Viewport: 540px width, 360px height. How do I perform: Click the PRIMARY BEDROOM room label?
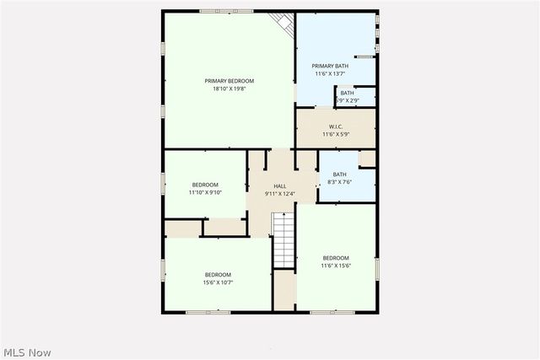click(x=229, y=81)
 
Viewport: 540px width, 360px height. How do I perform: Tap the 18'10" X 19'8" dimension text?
click(x=229, y=89)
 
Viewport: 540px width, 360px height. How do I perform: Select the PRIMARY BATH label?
click(x=329, y=66)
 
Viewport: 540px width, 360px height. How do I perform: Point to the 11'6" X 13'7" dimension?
click(x=329, y=73)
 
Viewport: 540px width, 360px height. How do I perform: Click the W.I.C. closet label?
click(x=335, y=126)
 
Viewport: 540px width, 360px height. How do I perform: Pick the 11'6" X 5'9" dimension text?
click(x=335, y=134)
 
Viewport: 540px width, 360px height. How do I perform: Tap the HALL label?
click(x=280, y=186)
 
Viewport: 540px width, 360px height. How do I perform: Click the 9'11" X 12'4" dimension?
click(x=280, y=194)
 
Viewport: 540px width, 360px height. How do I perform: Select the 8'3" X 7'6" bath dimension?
click(x=339, y=181)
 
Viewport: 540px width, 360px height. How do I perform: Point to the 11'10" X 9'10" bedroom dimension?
click(x=205, y=192)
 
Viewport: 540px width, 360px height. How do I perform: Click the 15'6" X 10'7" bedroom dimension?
click(x=218, y=282)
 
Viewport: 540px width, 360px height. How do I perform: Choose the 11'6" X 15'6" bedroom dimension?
click(x=335, y=266)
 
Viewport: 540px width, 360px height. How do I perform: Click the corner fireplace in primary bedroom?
click(x=283, y=24)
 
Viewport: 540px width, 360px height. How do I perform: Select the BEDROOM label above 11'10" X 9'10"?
click(x=205, y=185)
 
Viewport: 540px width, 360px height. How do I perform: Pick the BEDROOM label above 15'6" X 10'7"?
click(x=218, y=275)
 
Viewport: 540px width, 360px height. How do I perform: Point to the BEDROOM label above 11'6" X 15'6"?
click(x=335, y=258)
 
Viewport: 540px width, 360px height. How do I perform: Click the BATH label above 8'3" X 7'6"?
click(x=339, y=174)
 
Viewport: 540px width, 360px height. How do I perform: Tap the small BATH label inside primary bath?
click(x=347, y=93)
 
